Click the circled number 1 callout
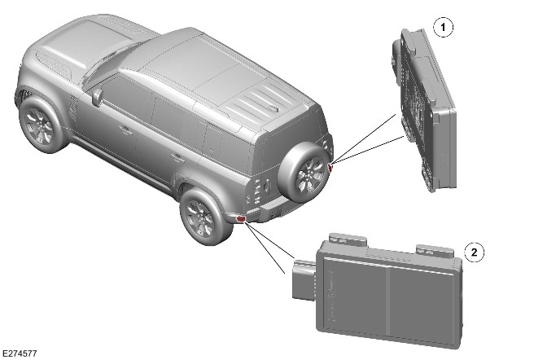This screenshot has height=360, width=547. (x=443, y=27)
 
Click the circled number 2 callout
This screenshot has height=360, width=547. (x=474, y=252)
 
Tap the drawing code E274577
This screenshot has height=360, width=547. (x=19, y=353)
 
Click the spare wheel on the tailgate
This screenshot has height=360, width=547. (x=304, y=173)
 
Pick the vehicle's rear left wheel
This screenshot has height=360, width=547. (x=203, y=217)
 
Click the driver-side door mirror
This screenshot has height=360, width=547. (x=98, y=97)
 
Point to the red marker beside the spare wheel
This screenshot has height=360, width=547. (x=330, y=168)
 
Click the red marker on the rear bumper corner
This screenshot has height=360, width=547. (x=241, y=219)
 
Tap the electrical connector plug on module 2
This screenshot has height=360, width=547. (x=304, y=279)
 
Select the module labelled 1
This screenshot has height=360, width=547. (x=423, y=110)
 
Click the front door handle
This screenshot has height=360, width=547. (x=125, y=130)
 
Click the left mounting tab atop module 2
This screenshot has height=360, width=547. (x=349, y=239)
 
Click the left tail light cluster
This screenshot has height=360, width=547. (x=259, y=191)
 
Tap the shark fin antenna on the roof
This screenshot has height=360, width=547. (x=273, y=108)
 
